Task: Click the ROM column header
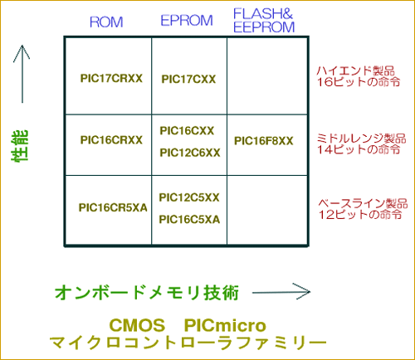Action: pos(106,22)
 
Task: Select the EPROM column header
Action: pos(187,21)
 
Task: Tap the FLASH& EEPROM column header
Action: pos(264,21)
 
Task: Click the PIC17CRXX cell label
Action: pos(111,78)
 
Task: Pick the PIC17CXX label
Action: pos(188,80)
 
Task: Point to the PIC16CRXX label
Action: pos(111,140)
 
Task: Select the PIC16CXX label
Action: pos(187,131)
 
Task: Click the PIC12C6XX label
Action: pos(190,153)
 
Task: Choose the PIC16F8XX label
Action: pos(264,141)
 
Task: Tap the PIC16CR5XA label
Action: pos(113,207)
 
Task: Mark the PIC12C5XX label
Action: pos(189,197)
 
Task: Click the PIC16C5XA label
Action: pos(189,220)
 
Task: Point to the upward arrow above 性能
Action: pos(22,74)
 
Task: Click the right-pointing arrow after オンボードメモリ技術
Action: pos(281,292)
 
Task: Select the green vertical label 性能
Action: pos(20,146)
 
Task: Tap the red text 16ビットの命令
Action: pos(359,82)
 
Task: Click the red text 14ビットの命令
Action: pos(359,149)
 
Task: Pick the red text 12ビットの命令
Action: pos(360,215)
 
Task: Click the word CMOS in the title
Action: pos(137,325)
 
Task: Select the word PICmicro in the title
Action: pos(225,325)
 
